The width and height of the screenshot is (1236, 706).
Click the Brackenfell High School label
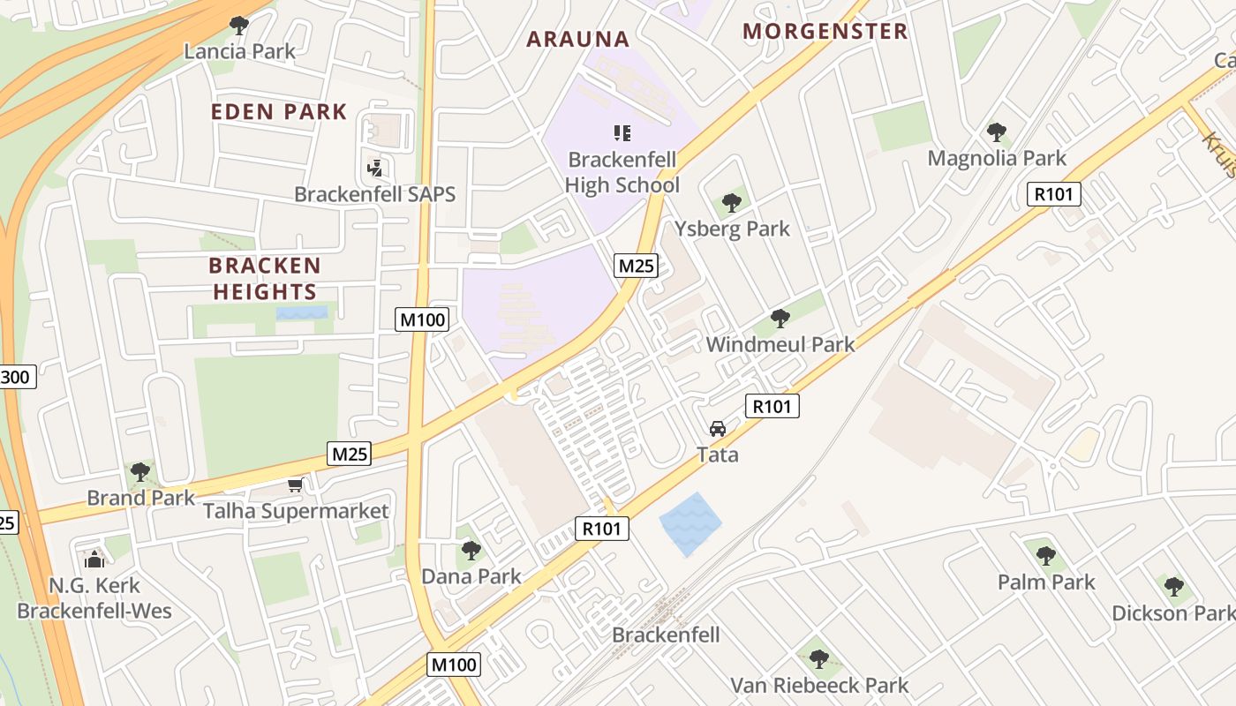pyautogui.click(x=622, y=172)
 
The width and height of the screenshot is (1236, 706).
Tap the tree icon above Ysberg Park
pyautogui.click(x=731, y=203)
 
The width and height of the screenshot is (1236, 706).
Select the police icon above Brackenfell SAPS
pyautogui.click(x=375, y=167)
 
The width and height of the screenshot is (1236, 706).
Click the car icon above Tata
pyautogui.click(x=718, y=429)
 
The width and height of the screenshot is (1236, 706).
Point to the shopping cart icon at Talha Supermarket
pyautogui.click(x=295, y=484)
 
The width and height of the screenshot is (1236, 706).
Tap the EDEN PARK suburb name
pyautogui.click(x=278, y=112)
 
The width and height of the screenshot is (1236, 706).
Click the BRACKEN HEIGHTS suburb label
pyautogui.click(x=264, y=278)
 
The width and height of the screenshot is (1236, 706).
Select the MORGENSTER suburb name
pyautogui.click(x=825, y=32)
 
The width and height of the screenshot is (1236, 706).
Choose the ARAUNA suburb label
pyautogui.click(x=577, y=39)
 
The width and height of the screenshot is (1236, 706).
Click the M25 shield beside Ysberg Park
pyautogui.click(x=637, y=265)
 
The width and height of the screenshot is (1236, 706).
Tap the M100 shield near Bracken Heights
pyautogui.click(x=422, y=319)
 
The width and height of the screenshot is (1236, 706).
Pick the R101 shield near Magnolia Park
pyautogui.click(x=1054, y=194)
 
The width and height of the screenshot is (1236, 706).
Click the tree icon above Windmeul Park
pyautogui.click(x=780, y=319)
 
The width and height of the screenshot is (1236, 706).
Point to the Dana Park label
pyautogui.click(x=471, y=576)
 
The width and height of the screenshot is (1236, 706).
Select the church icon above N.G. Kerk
pyautogui.click(x=94, y=559)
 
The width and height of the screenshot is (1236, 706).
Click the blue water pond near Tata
pyautogui.click(x=690, y=523)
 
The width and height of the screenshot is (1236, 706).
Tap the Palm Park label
pyautogui.click(x=1046, y=582)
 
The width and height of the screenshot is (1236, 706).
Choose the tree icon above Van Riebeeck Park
pyautogui.click(x=819, y=658)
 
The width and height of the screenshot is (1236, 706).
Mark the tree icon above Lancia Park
pyautogui.click(x=238, y=25)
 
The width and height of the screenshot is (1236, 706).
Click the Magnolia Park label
pyautogui.click(x=997, y=158)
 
